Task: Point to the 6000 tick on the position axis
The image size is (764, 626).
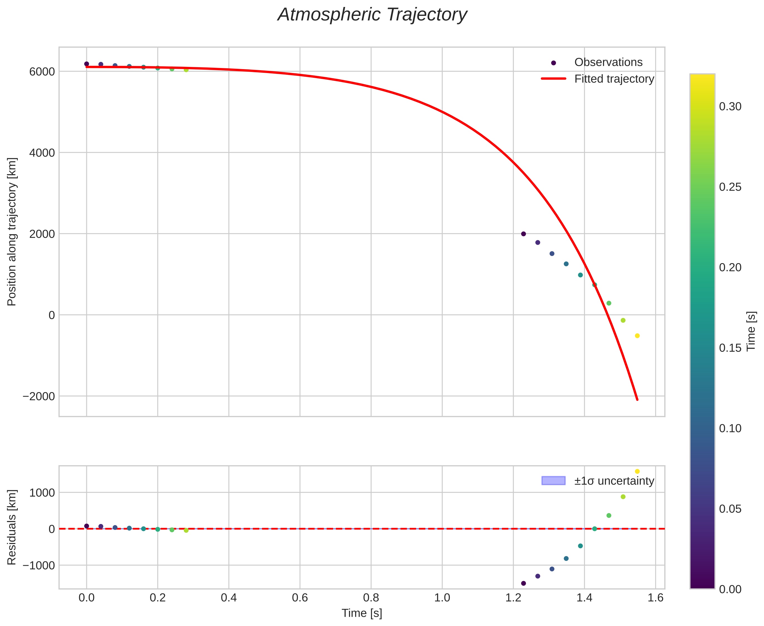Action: (x=42, y=72)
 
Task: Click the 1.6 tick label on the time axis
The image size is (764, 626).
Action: (x=655, y=598)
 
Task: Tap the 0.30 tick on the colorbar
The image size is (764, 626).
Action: (x=730, y=107)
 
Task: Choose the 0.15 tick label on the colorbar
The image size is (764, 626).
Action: (x=730, y=348)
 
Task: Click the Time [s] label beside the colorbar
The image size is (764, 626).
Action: (x=751, y=331)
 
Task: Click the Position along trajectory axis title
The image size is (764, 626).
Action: (x=12, y=232)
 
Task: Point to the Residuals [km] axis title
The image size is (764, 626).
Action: (x=12, y=528)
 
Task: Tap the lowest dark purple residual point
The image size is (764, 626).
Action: (x=523, y=583)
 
